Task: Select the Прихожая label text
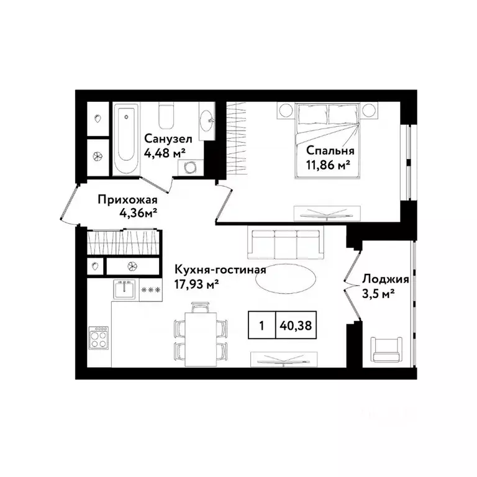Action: pos(127,200)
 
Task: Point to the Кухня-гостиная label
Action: pos(212,270)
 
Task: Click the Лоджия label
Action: pos(378,279)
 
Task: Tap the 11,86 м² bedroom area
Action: pos(329,165)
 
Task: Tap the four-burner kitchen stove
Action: pos(99,338)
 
